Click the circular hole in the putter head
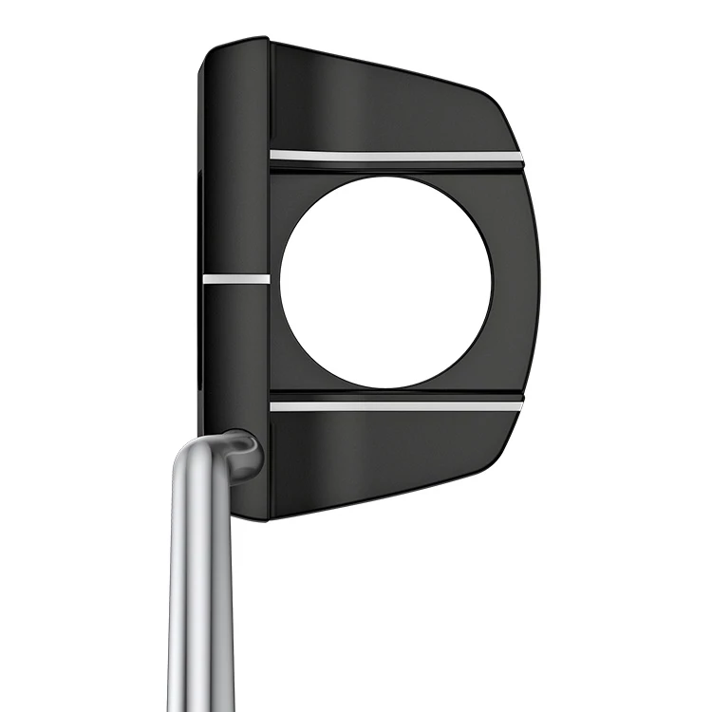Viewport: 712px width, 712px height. tap(385, 282)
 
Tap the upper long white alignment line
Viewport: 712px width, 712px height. tap(395, 155)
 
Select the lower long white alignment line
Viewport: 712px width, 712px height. tap(395, 405)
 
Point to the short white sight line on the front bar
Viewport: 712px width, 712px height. tap(235, 279)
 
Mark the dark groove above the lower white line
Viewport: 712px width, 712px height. tap(395, 393)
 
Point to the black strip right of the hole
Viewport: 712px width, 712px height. tap(513, 282)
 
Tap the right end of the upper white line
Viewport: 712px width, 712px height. tap(518, 154)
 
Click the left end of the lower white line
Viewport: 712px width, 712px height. tap(273, 406)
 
